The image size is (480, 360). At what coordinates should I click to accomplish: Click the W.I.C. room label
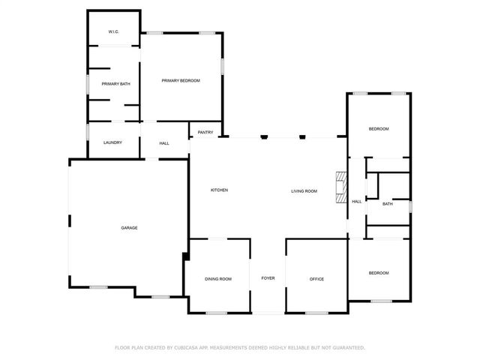[113, 31]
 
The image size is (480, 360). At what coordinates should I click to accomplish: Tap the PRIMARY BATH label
[116, 84]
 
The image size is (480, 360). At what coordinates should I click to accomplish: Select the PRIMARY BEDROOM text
[181, 80]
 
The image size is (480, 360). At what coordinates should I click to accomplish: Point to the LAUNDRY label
[112, 142]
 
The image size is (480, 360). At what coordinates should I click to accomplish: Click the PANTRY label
[205, 133]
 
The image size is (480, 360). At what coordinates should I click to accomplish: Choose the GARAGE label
[129, 228]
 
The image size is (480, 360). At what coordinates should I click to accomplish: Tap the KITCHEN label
[219, 190]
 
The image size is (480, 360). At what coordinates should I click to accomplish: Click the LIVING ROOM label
[304, 191]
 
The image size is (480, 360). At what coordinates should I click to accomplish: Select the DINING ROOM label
[218, 279]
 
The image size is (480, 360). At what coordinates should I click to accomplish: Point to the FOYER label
[268, 279]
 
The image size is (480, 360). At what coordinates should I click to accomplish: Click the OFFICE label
[316, 279]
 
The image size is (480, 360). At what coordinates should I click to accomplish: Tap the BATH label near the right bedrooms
[388, 204]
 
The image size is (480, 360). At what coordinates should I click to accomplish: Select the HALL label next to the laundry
[164, 142]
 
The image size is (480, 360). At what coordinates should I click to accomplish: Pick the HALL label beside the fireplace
[357, 201]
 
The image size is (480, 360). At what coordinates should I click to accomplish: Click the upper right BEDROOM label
[379, 129]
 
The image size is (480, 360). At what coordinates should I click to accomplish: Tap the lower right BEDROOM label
[379, 274]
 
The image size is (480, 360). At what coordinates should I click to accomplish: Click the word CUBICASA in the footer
[187, 348]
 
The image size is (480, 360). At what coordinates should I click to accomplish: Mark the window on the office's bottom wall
[316, 313]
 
